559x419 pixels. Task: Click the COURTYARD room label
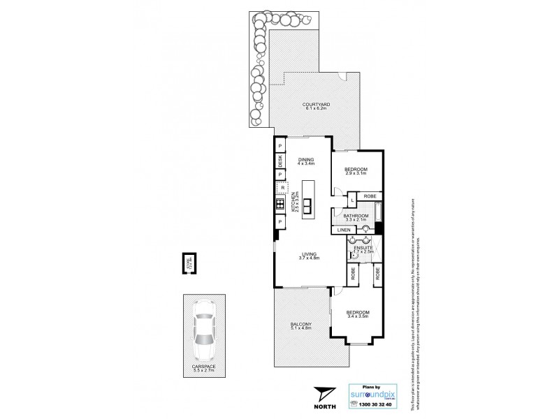[317, 105]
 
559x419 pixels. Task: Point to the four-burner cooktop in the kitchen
[279, 205]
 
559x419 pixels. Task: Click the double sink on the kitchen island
[306, 205]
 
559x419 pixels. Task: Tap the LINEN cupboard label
[343, 230]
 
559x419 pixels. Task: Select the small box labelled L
[353, 200]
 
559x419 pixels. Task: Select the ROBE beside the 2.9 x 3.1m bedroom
[370, 196]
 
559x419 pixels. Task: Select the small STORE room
[187, 263]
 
